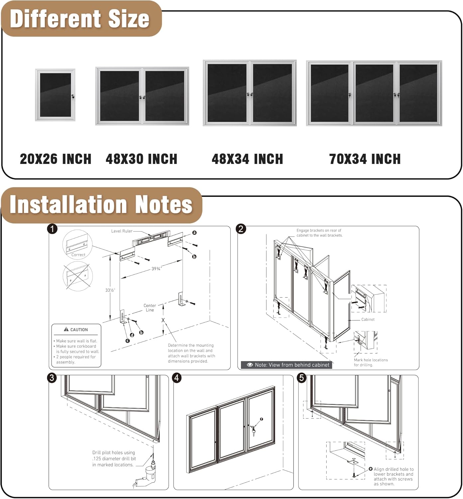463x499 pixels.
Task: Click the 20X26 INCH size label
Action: pos(56,159)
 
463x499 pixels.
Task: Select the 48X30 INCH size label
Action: pos(141,159)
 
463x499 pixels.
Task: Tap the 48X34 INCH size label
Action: pos(247,159)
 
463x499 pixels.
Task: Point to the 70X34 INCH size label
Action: pos(365,159)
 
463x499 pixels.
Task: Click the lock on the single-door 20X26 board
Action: pos(73,96)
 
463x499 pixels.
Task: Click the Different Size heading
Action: pos(80,19)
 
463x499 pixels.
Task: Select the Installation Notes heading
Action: pos(101,204)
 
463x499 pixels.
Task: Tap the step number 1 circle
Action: pos(53,229)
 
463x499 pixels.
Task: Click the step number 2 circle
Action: pos(241,229)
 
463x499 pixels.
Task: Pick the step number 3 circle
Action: pos(52,378)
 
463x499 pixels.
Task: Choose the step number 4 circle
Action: pos(177,378)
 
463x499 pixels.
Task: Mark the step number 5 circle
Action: pos(302,378)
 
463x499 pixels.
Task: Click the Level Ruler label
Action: pos(122,231)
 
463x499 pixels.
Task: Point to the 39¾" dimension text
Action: pos(156,268)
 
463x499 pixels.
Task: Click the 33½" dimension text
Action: pos(110,290)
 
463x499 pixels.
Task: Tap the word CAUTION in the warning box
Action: pos(79,330)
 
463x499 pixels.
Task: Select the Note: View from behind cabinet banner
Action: pos(288,365)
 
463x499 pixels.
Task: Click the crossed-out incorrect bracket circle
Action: pos(77,276)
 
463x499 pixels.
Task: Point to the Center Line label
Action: pos(150,308)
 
